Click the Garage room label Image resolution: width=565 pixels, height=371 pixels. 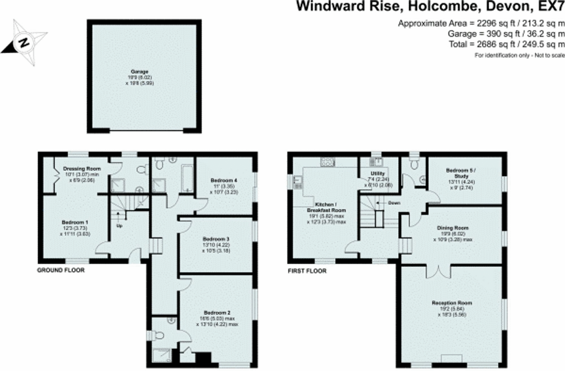click(140, 72)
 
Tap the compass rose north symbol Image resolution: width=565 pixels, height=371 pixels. click(24, 42)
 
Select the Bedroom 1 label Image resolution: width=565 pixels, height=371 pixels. click(75, 222)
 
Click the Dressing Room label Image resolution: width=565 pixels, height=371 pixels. click(82, 169)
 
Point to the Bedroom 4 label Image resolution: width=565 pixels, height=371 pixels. click(224, 180)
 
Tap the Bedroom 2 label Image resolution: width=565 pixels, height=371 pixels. click(217, 313)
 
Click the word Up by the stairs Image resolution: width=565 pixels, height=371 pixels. click(119, 226)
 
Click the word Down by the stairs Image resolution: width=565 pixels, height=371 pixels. click(394, 203)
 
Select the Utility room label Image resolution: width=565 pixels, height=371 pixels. click(377, 173)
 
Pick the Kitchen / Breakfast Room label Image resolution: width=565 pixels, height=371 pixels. click(326, 207)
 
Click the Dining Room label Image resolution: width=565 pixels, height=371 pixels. click(453, 228)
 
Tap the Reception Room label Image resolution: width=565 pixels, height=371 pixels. click(452, 303)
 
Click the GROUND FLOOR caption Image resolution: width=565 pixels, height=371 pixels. click(61, 270)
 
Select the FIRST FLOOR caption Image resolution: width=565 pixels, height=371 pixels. click(307, 271)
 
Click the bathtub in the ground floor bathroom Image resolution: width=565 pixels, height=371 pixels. click(187, 178)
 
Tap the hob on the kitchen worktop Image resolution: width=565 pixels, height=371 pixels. click(327, 162)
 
